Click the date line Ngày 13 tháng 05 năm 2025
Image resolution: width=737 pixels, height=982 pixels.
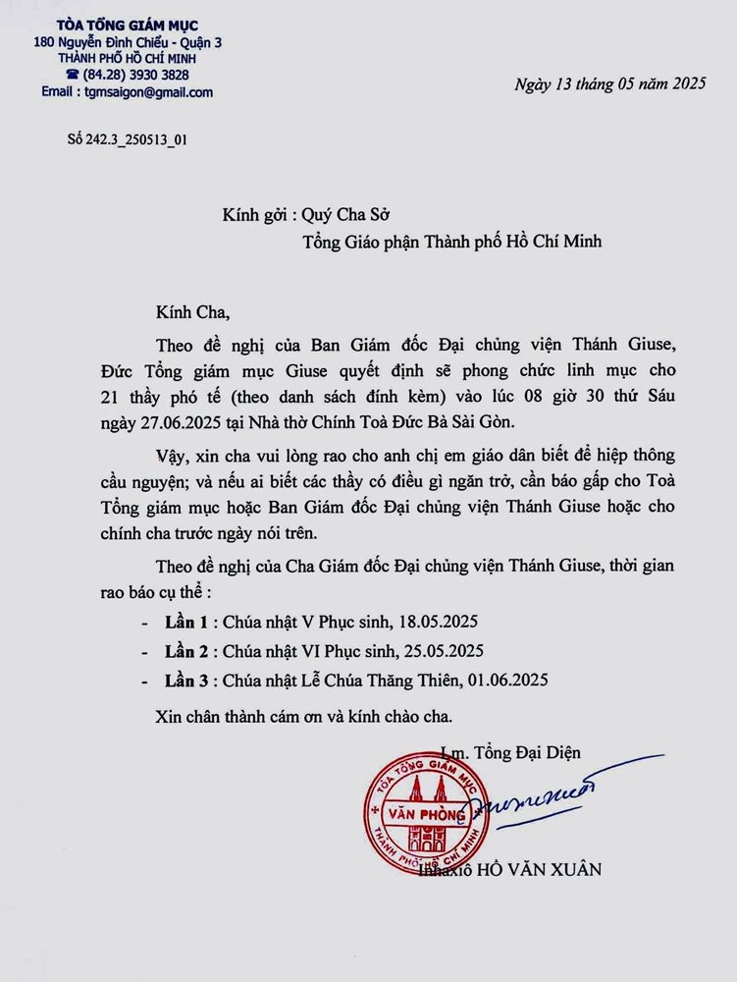point(609,84)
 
